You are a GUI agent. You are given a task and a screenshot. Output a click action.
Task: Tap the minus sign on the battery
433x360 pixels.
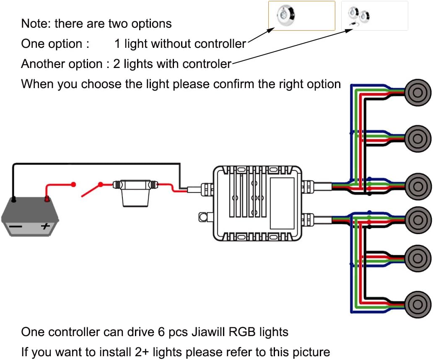point(16,227)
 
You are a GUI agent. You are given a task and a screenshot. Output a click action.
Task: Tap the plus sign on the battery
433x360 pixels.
point(45,227)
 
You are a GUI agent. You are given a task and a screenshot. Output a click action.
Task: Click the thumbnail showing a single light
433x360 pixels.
point(301,16)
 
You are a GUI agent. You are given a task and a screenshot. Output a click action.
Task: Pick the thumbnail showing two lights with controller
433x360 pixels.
point(374,16)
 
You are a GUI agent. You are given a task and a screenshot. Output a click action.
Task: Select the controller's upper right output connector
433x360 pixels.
point(308,185)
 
